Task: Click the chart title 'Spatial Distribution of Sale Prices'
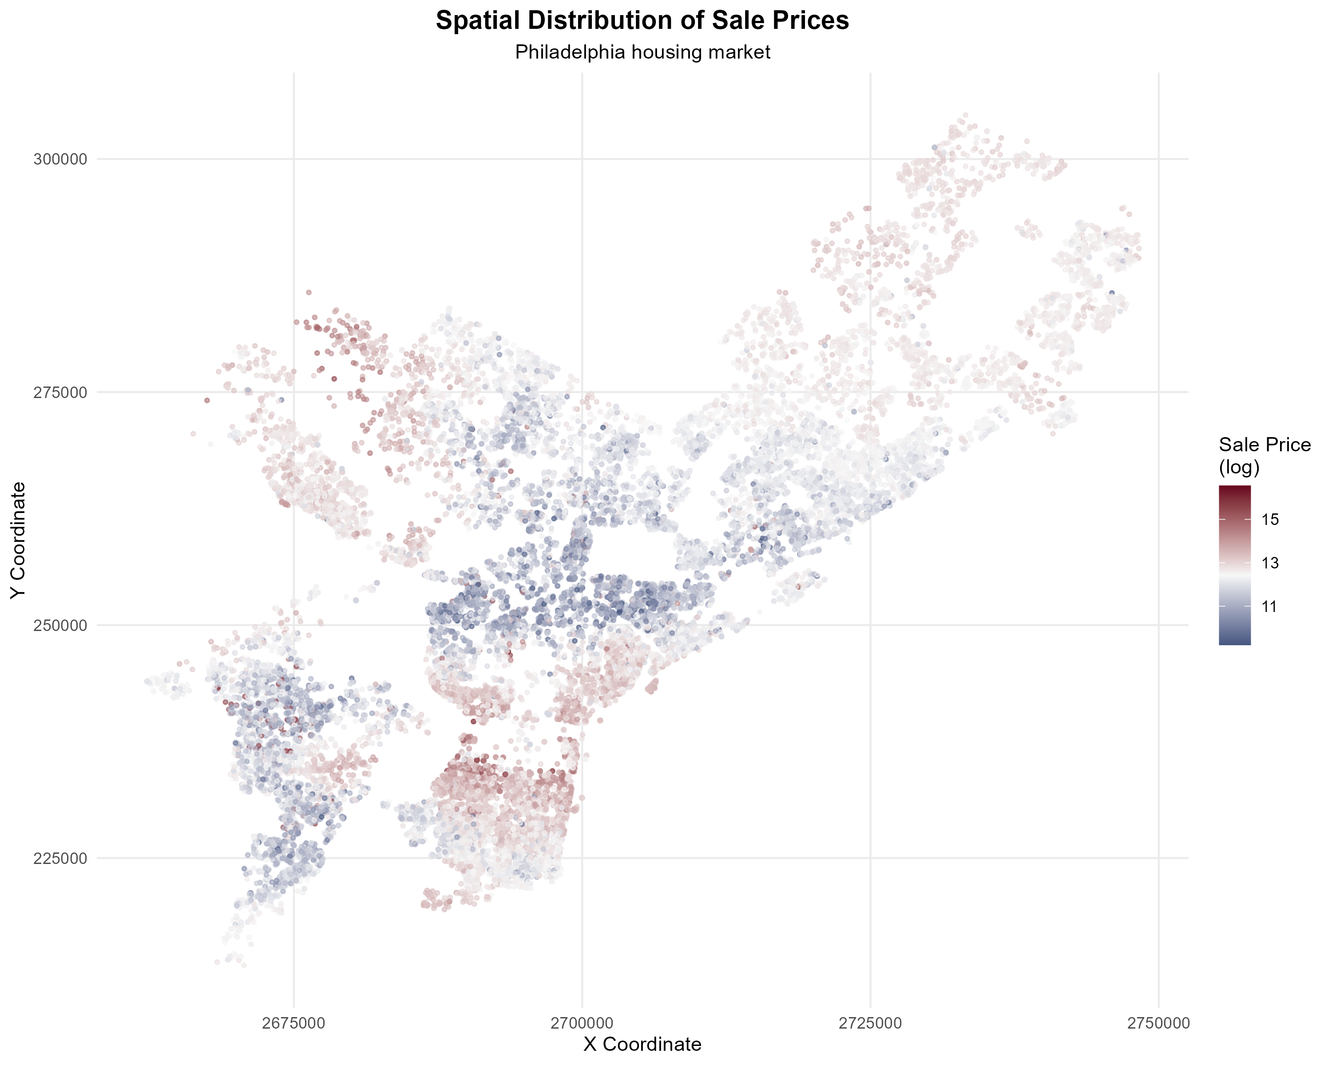point(642,20)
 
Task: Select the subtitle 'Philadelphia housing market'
point(642,52)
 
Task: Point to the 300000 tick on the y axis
point(60,159)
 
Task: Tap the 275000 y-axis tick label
point(60,392)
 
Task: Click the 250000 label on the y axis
point(60,625)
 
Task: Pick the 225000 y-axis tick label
point(60,858)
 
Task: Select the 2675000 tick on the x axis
point(293,1023)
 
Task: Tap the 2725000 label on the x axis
point(870,1023)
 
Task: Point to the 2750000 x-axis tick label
point(1158,1023)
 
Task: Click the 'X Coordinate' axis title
point(642,1044)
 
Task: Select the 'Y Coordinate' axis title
point(19,540)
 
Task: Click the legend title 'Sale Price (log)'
point(1264,456)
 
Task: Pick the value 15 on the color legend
point(1270,519)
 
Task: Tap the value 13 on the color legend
point(1270,563)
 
